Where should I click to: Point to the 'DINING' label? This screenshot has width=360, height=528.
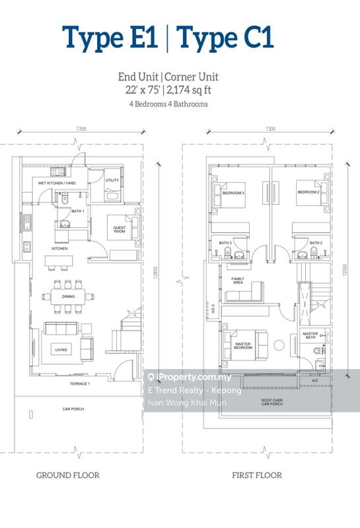[69, 297]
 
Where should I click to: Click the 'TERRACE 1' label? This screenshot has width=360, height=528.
[80, 383]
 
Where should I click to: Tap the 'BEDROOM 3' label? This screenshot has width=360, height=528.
[234, 193]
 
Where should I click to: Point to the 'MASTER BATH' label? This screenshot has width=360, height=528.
[311, 336]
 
